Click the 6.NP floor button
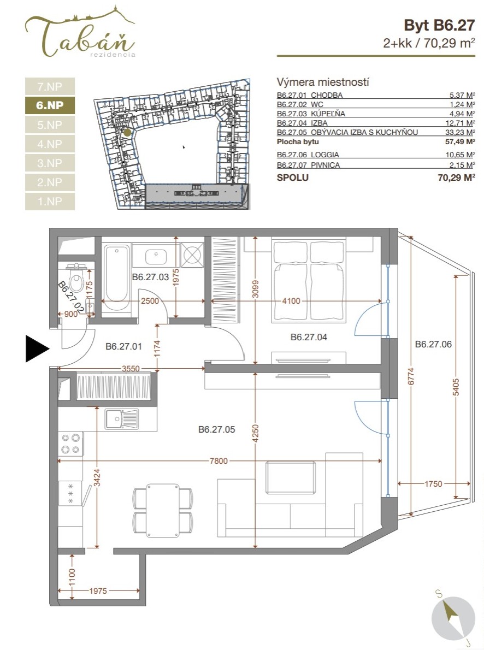point(50,105)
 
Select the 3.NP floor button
point(50,163)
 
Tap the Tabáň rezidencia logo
point(80,32)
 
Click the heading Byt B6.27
point(439,26)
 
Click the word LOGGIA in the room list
point(324,155)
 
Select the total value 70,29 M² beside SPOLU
point(456,178)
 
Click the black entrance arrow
point(37,348)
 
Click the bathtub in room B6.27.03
point(116,279)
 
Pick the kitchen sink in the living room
point(121,419)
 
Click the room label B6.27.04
point(309,338)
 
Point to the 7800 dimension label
point(219,460)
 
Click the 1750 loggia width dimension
point(433,484)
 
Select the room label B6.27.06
point(433,344)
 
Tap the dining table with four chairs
point(163,510)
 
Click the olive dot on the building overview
point(128,133)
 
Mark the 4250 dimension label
point(256,433)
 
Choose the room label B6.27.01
point(123,346)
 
